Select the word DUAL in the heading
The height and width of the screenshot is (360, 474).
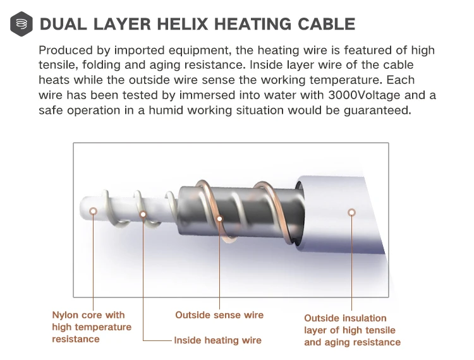tap(63, 25)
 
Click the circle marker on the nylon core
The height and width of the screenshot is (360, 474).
tap(94, 212)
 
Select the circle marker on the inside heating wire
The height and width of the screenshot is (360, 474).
tap(143, 213)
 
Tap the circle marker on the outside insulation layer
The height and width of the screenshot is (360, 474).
tap(351, 212)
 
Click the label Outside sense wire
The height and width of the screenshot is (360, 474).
tap(219, 315)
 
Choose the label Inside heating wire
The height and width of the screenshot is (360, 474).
tap(217, 340)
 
